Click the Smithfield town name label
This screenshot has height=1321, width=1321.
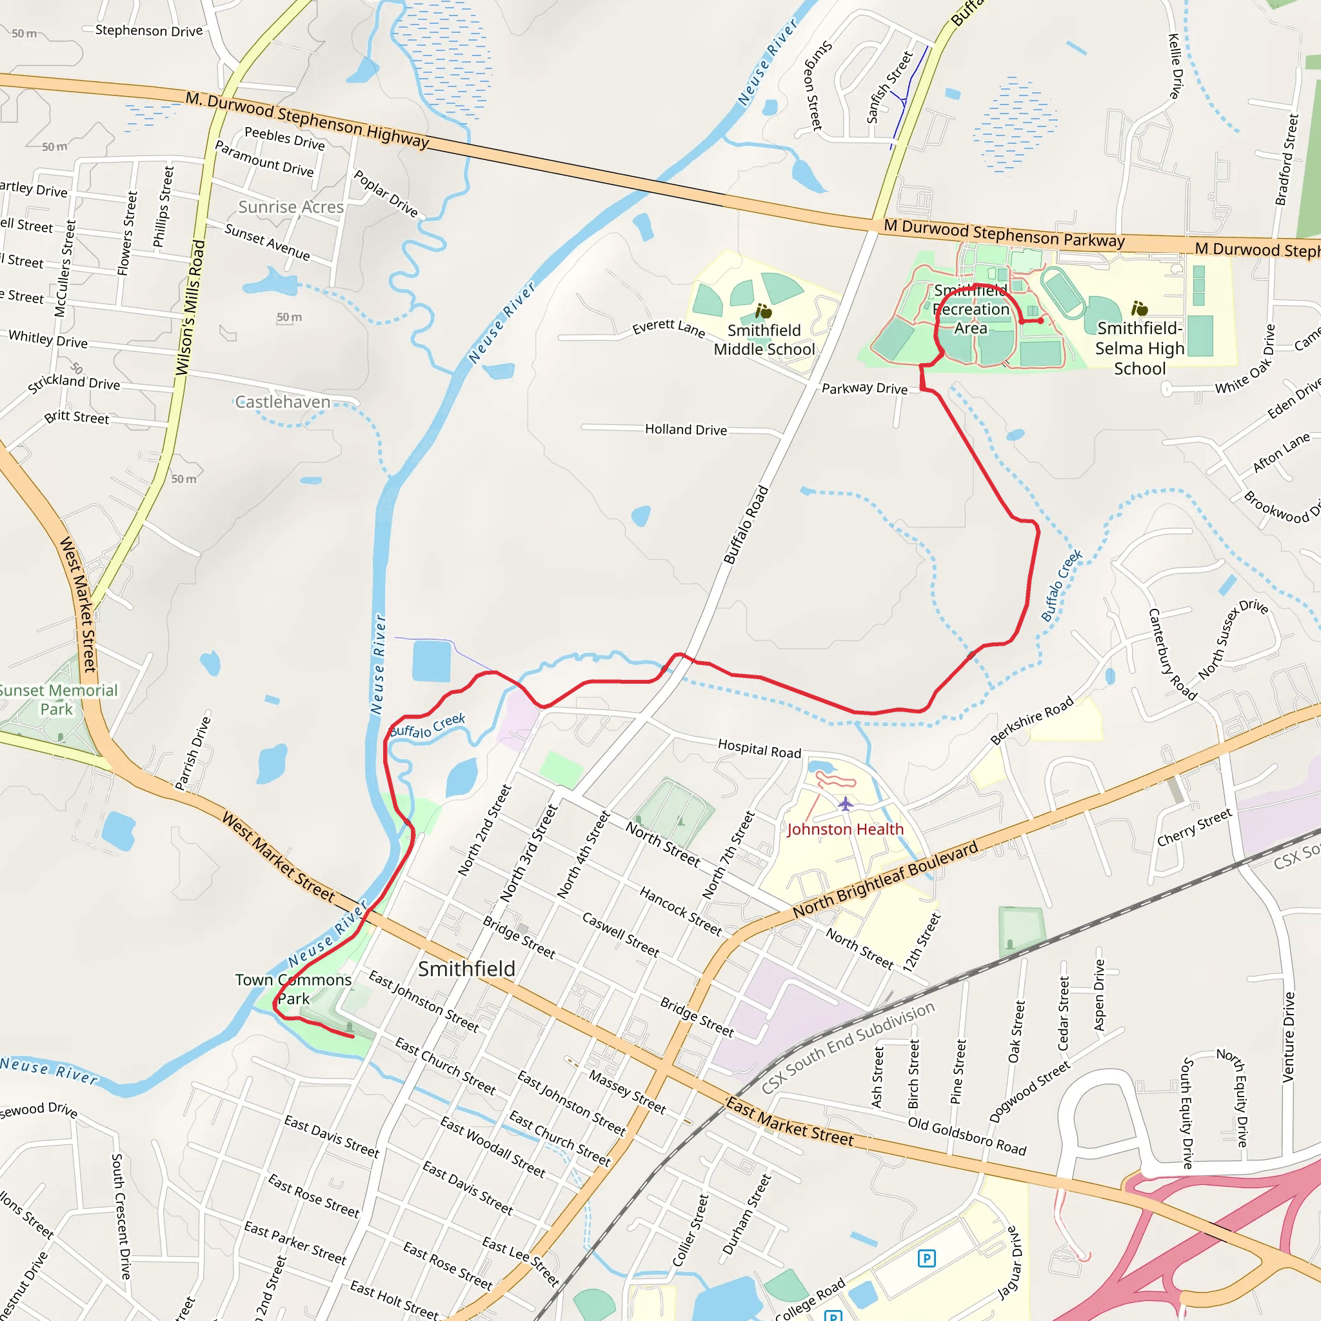[x=466, y=969]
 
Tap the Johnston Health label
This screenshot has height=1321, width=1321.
[x=845, y=829]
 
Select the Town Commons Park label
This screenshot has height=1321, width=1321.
[x=293, y=989]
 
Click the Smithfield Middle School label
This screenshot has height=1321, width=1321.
[x=764, y=340]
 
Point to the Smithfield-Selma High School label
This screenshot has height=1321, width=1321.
[x=1139, y=349]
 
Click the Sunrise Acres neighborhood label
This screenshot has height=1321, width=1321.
[x=291, y=206]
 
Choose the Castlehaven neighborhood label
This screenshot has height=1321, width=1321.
[x=283, y=402]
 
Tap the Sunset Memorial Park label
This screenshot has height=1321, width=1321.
[x=57, y=699]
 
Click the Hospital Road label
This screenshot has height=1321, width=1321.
[x=759, y=749]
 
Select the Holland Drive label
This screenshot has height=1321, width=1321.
[x=686, y=430]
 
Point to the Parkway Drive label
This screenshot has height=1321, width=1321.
[x=864, y=388]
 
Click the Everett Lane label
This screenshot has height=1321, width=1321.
[x=668, y=328]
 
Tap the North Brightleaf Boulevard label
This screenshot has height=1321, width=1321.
[x=886, y=880]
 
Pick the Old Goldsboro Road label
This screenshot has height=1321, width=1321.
[x=967, y=1137]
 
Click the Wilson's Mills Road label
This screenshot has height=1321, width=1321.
[x=190, y=308]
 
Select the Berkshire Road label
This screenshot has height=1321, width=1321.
[x=1032, y=720]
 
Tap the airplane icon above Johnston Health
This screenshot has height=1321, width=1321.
[x=846, y=804]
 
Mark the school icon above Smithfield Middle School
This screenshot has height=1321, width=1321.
[x=763, y=312]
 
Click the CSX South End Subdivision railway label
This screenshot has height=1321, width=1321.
[x=847, y=1048]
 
